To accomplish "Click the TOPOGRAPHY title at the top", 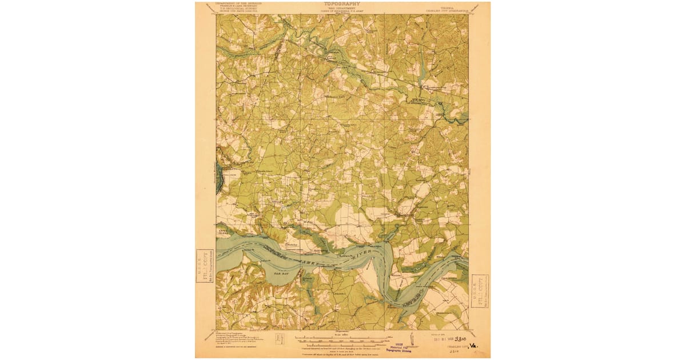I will (342, 3).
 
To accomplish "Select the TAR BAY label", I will (282, 274).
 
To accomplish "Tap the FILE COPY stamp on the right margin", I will (480, 291).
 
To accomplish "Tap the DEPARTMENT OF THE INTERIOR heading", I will (238, 3).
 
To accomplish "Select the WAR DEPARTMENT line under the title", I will (342, 8).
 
